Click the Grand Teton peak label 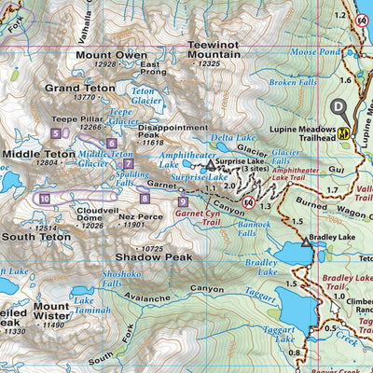[x=72, y=88]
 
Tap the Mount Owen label [x=112, y=55]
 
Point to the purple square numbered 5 [x=56, y=133]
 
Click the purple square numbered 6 [x=111, y=143]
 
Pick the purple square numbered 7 [x=128, y=164]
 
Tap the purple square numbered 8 [x=145, y=197]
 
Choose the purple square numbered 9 [x=183, y=200]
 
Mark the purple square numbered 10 [x=45, y=198]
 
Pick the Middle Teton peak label [x=37, y=152]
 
